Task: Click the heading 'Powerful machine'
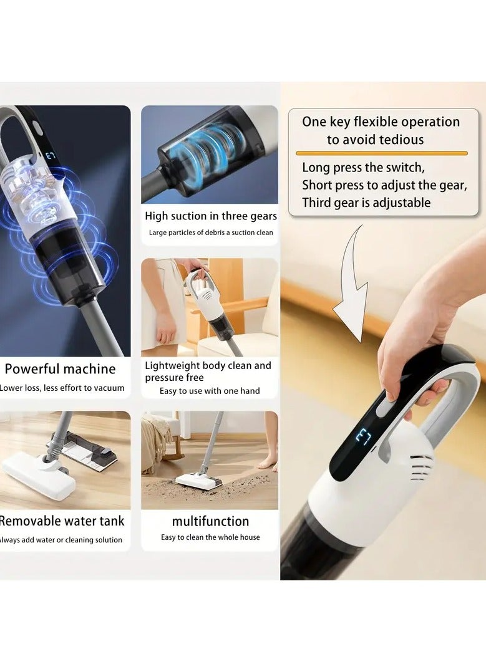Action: (x=60, y=369)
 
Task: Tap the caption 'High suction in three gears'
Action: (x=210, y=216)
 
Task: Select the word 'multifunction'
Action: (x=210, y=521)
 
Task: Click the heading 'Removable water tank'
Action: (x=62, y=521)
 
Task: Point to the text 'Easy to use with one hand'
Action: (x=210, y=391)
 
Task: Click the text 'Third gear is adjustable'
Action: (x=366, y=203)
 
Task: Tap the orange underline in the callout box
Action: (x=381, y=153)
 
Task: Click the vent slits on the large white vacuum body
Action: (x=420, y=466)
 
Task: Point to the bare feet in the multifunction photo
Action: (x=268, y=461)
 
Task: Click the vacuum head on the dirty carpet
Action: (x=198, y=481)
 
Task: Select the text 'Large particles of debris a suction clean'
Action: (x=210, y=233)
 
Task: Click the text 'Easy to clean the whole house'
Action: (x=210, y=537)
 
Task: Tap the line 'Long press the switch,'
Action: (x=363, y=168)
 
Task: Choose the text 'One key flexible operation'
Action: (x=381, y=122)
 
